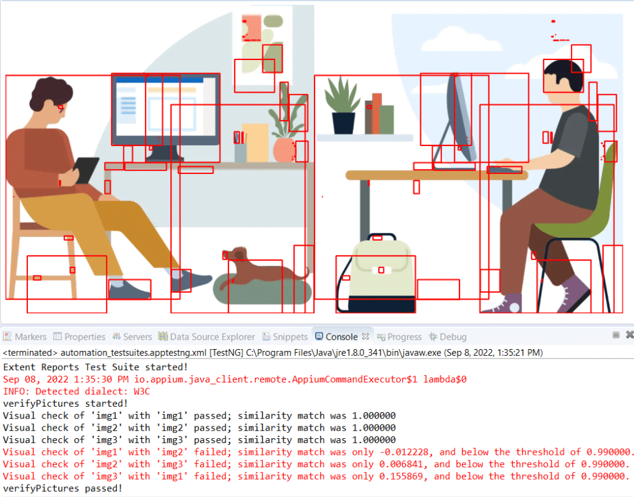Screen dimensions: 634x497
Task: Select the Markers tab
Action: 25,337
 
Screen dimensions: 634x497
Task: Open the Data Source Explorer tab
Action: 207,337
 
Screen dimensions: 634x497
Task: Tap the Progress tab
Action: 399,337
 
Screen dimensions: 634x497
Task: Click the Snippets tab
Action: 285,337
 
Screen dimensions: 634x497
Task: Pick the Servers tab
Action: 132,337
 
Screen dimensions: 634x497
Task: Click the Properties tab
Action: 80,337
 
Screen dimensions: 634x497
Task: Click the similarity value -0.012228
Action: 406,452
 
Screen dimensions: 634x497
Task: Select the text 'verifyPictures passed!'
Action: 63,488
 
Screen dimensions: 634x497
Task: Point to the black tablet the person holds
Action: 86,170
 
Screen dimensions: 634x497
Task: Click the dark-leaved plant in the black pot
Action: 343,105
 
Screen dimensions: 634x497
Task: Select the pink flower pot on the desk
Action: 284,150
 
